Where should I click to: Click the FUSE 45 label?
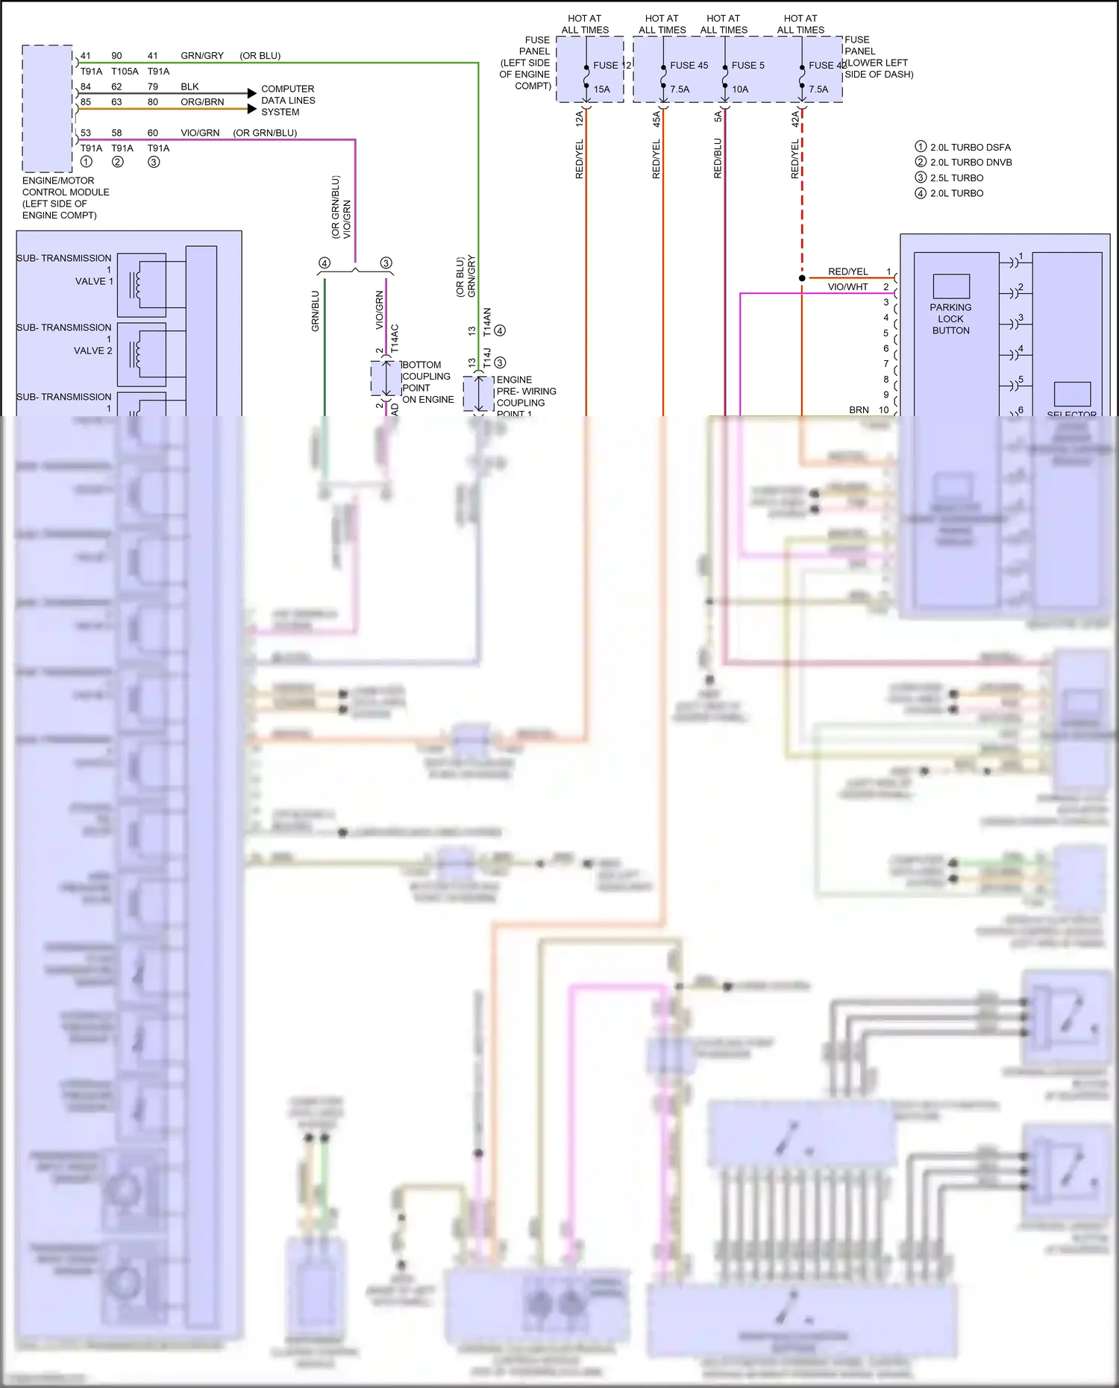tap(689, 66)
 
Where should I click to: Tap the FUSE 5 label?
tap(747, 66)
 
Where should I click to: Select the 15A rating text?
tap(601, 90)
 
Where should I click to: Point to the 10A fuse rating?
tap(740, 90)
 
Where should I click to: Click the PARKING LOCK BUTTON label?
tap(950, 318)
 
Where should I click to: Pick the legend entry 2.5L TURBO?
tap(956, 178)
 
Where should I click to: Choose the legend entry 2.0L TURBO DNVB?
tap(971, 163)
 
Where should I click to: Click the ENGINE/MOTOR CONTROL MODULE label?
tap(66, 198)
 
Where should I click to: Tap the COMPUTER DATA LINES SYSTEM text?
tap(288, 101)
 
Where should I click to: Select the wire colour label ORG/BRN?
tap(202, 102)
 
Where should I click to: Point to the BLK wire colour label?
tap(189, 87)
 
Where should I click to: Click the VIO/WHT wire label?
tap(847, 287)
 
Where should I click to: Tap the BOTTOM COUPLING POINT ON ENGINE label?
tap(427, 382)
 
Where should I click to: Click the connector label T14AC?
tap(395, 339)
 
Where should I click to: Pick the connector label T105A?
tap(125, 72)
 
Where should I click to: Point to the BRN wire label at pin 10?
tap(859, 410)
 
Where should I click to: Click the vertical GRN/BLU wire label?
tap(316, 311)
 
